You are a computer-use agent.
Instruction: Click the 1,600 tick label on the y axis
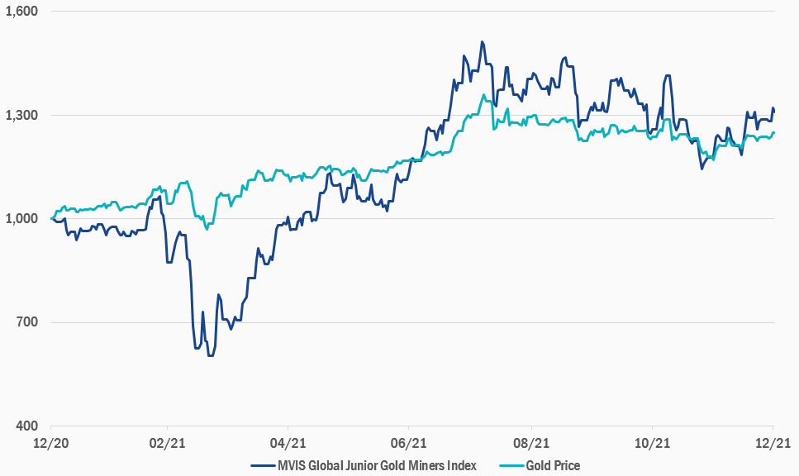pyautogui.click(x=23, y=12)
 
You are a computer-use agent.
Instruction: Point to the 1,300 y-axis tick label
pyautogui.click(x=23, y=115)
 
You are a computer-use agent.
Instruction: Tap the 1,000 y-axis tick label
pyautogui.click(x=23, y=218)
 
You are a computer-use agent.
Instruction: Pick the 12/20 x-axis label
pyautogui.click(x=50, y=444)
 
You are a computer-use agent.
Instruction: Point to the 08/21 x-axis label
pyautogui.click(x=531, y=444)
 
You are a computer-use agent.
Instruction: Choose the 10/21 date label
pyautogui.click(x=652, y=444)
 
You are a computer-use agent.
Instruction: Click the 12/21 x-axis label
pyautogui.click(x=773, y=444)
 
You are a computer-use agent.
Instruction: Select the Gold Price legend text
pyautogui.click(x=553, y=465)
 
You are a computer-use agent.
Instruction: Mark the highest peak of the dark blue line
pyautogui.click(x=482, y=42)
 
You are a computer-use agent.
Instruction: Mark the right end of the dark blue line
pyautogui.click(x=774, y=111)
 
